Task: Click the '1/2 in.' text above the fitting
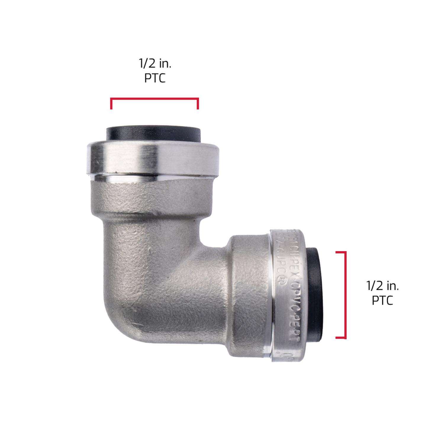pyautogui.click(x=155, y=64)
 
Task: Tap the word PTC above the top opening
pyautogui.click(x=155, y=79)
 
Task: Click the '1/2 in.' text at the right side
pyautogui.click(x=383, y=286)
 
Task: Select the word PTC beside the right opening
pyautogui.click(x=383, y=301)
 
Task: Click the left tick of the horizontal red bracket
pyautogui.click(x=111, y=104)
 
